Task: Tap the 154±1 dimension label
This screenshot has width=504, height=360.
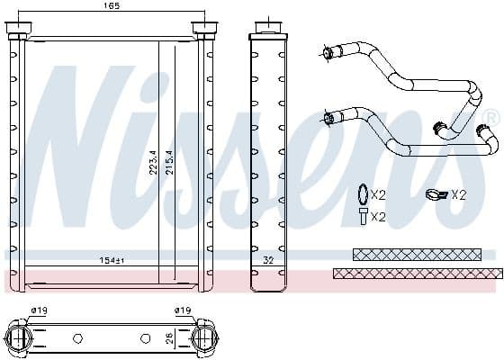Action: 111,261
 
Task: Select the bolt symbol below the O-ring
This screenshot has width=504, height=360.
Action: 361,216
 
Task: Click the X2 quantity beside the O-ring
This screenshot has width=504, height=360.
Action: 378,195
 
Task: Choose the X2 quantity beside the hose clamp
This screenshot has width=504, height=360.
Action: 458,194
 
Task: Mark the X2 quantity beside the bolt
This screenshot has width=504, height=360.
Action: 378,217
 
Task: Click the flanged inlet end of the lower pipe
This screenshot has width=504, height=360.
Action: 329,116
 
